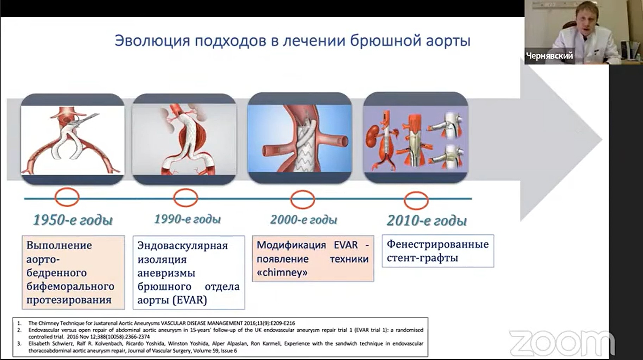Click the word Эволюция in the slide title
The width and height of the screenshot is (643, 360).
click(x=152, y=41)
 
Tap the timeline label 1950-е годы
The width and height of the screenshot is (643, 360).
click(x=73, y=220)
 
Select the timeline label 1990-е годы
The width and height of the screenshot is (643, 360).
click(x=187, y=219)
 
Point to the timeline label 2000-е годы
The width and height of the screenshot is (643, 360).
click(x=303, y=220)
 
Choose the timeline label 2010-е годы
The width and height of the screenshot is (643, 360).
click(x=427, y=221)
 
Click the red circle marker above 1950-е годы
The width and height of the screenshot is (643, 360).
click(x=67, y=189)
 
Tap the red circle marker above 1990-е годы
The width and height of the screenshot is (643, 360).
click(x=185, y=189)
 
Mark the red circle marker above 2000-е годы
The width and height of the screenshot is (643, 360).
click(x=302, y=191)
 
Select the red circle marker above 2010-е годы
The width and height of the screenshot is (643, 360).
click(x=416, y=192)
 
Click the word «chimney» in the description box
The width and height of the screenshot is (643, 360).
click(x=282, y=272)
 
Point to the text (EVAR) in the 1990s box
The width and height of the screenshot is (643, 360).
click(x=190, y=300)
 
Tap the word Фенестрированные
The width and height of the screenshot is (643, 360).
click(x=438, y=244)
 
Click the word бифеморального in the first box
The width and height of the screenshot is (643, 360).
click(x=70, y=286)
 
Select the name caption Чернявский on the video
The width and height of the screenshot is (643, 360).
click(x=549, y=56)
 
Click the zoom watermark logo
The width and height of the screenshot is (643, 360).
click(x=562, y=343)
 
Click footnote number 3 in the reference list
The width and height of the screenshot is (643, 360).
click(x=19, y=343)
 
